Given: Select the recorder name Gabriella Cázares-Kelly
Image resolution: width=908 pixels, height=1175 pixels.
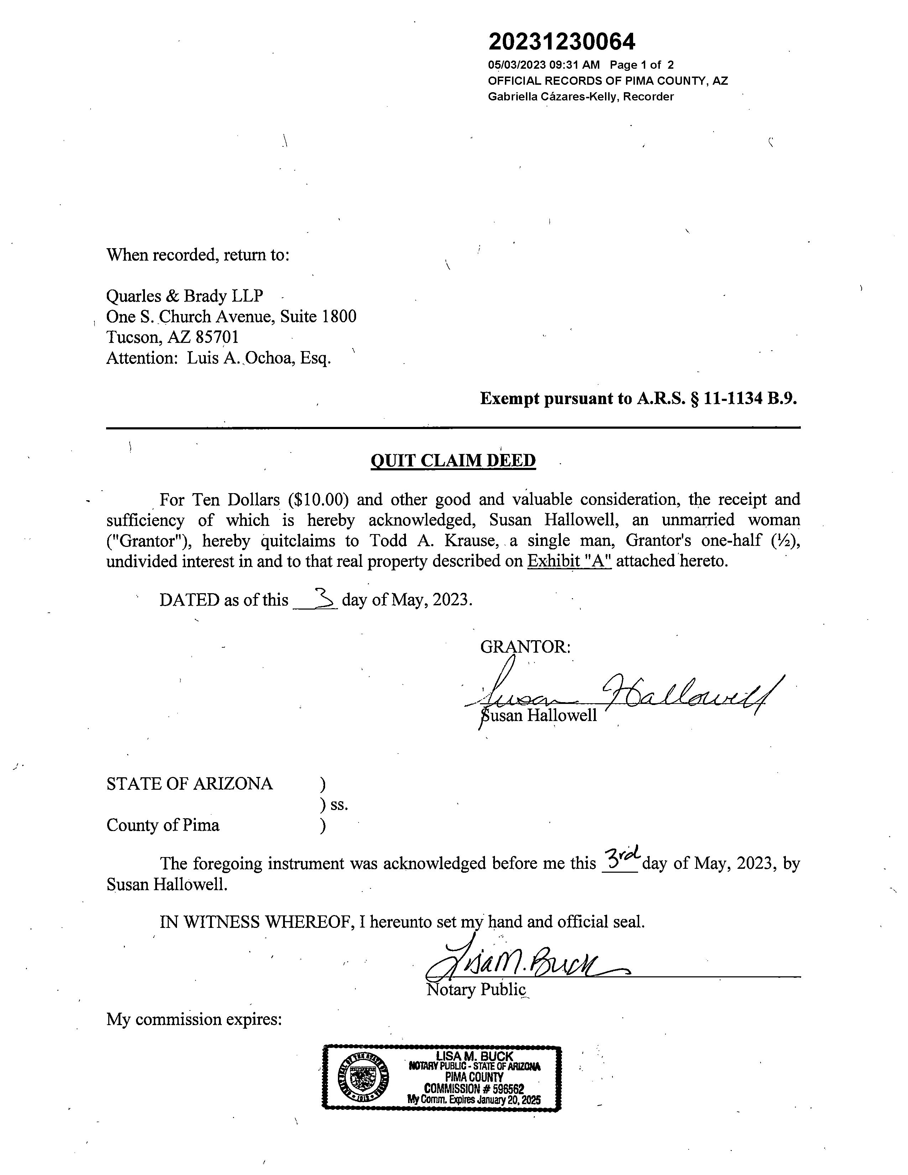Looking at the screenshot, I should pyautogui.click(x=554, y=97).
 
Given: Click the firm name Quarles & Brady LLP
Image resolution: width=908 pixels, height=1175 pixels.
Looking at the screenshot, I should pyautogui.click(x=184, y=296).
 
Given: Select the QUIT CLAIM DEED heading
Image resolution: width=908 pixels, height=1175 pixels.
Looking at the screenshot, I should pyautogui.click(x=453, y=460).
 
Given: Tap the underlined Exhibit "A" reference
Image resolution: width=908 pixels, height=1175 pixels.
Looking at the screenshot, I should pyautogui.click(x=569, y=561).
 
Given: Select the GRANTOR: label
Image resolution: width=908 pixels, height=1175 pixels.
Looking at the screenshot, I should pyautogui.click(x=525, y=647).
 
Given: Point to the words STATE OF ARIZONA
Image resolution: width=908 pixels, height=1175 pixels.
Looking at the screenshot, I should pyautogui.click(x=189, y=784).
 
